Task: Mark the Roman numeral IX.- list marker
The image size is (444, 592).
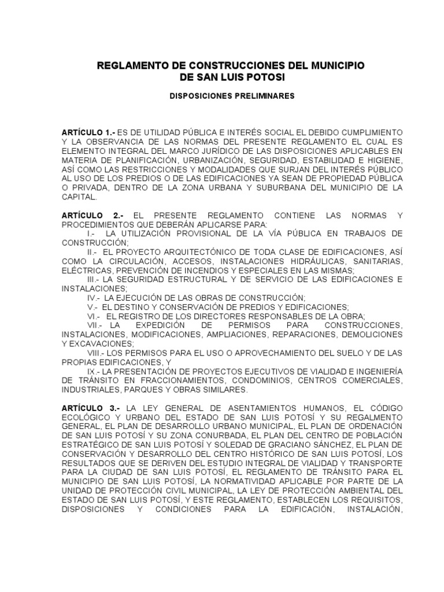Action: (x=94, y=371)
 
